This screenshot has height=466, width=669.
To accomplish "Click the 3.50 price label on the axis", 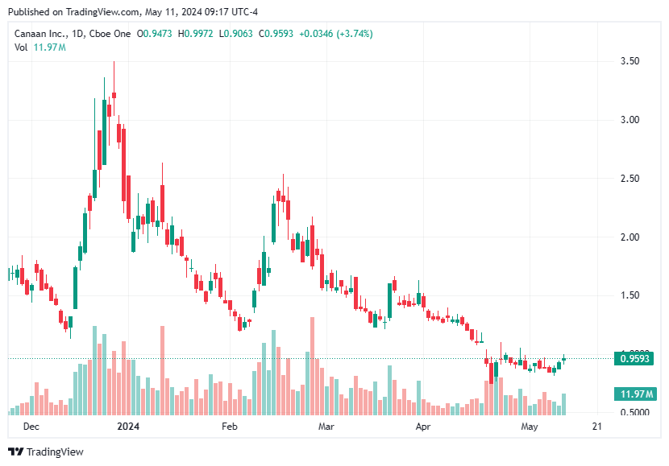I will click(630, 61).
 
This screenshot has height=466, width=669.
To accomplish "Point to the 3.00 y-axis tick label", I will click(630, 120).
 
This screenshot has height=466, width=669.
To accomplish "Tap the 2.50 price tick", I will click(630, 179).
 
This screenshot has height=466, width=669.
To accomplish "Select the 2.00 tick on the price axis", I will click(630, 237).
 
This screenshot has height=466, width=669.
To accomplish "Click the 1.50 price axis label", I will click(630, 296).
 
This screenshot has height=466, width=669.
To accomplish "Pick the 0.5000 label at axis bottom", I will click(632, 413).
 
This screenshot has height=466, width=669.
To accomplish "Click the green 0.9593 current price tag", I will click(634, 358).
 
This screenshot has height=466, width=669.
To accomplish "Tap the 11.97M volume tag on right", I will click(634, 394).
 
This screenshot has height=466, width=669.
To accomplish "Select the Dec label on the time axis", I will click(31, 426).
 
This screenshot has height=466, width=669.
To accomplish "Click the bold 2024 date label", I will click(127, 426).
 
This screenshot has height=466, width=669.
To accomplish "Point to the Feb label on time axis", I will click(229, 426).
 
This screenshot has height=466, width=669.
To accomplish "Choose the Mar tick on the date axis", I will click(326, 426).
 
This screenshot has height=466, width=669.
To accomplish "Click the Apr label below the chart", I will click(422, 426).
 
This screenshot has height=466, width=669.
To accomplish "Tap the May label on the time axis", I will click(529, 426).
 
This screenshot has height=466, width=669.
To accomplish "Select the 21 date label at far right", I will click(596, 426).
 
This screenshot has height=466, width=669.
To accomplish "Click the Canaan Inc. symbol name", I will click(41, 34).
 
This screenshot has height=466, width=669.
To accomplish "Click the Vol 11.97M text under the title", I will click(40, 47).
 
